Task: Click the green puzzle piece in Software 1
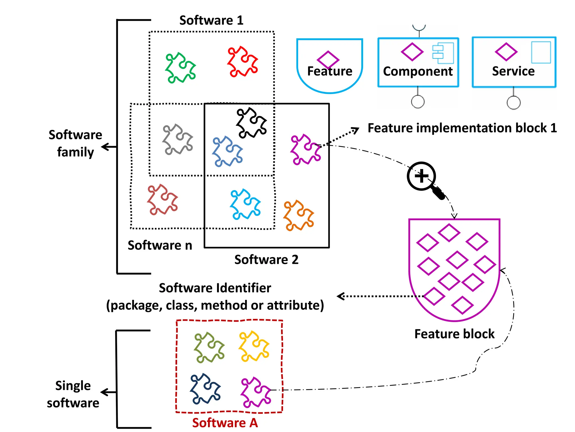pyautogui.click(x=180, y=68)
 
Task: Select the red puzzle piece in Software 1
pyautogui.click(x=242, y=62)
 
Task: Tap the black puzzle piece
pyautogui.click(x=251, y=123)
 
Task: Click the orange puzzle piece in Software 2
pyautogui.click(x=298, y=216)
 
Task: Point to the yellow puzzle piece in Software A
pyautogui.click(x=254, y=346)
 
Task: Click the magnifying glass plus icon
pyautogui.click(x=421, y=176)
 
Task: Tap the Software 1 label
pyautogui.click(x=211, y=20)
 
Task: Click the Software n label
pyautogui.click(x=160, y=245)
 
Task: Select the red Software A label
pyautogui.click(x=225, y=423)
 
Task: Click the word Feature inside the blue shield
pyautogui.click(x=330, y=71)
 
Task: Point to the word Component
pyautogui.click(x=418, y=71)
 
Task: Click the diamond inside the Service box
pyautogui.click(x=506, y=52)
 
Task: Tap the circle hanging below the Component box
pyautogui.click(x=418, y=102)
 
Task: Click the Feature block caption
pyautogui.click(x=454, y=334)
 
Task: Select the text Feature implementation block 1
pyautogui.click(x=462, y=128)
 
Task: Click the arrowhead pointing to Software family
pyautogui.click(x=105, y=147)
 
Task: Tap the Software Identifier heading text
pyautogui.click(x=215, y=288)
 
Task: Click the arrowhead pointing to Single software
pyautogui.click(x=104, y=392)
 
